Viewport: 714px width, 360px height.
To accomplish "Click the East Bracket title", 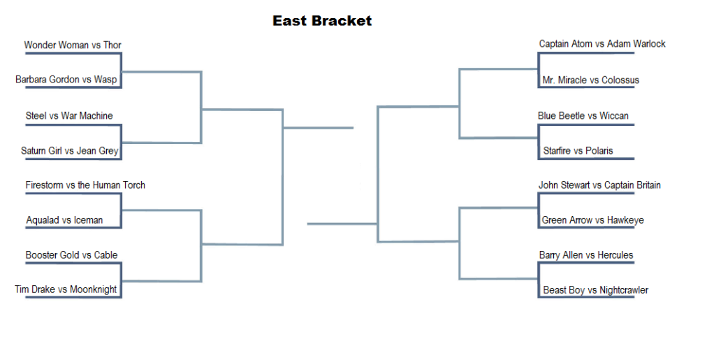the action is click(x=322, y=20).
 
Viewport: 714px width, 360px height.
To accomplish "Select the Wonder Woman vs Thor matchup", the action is click(x=73, y=45).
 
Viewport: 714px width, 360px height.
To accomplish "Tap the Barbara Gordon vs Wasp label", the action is click(x=66, y=80).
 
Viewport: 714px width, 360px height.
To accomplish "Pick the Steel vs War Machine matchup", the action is click(x=69, y=116).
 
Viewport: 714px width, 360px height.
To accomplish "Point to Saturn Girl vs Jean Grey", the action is click(x=70, y=151).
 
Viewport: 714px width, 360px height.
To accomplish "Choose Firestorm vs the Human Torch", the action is click(x=85, y=185).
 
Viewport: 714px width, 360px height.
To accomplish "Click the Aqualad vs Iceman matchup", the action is click(x=64, y=220).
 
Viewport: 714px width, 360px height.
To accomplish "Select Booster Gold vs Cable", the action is click(x=71, y=255).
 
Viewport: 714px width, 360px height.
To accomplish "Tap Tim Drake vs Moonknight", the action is click(x=66, y=289).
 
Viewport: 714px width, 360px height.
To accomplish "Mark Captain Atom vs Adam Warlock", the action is click(x=602, y=44).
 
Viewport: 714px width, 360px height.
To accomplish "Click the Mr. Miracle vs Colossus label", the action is click(x=590, y=80).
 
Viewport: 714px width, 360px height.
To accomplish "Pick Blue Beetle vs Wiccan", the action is click(x=583, y=116).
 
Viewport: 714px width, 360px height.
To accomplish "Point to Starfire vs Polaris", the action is click(x=578, y=151).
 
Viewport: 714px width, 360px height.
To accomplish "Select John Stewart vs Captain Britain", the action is click(x=599, y=185).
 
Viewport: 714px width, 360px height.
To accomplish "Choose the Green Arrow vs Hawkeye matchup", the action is click(x=592, y=221).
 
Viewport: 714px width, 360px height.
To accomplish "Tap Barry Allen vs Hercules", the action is click(x=586, y=255).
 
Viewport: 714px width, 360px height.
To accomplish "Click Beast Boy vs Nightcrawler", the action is click(x=596, y=290).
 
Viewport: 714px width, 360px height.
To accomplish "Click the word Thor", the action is click(x=112, y=45).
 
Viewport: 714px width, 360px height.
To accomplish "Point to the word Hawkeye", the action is click(x=625, y=221).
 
